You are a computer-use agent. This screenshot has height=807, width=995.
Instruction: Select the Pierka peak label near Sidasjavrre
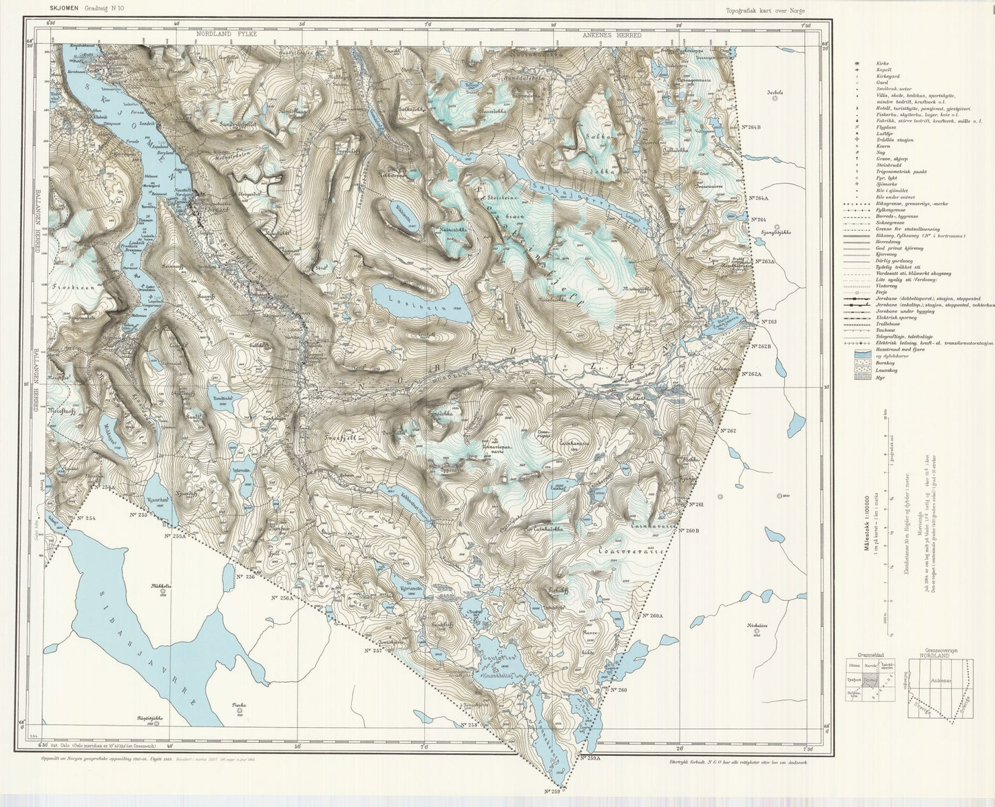click(x=239, y=704)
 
